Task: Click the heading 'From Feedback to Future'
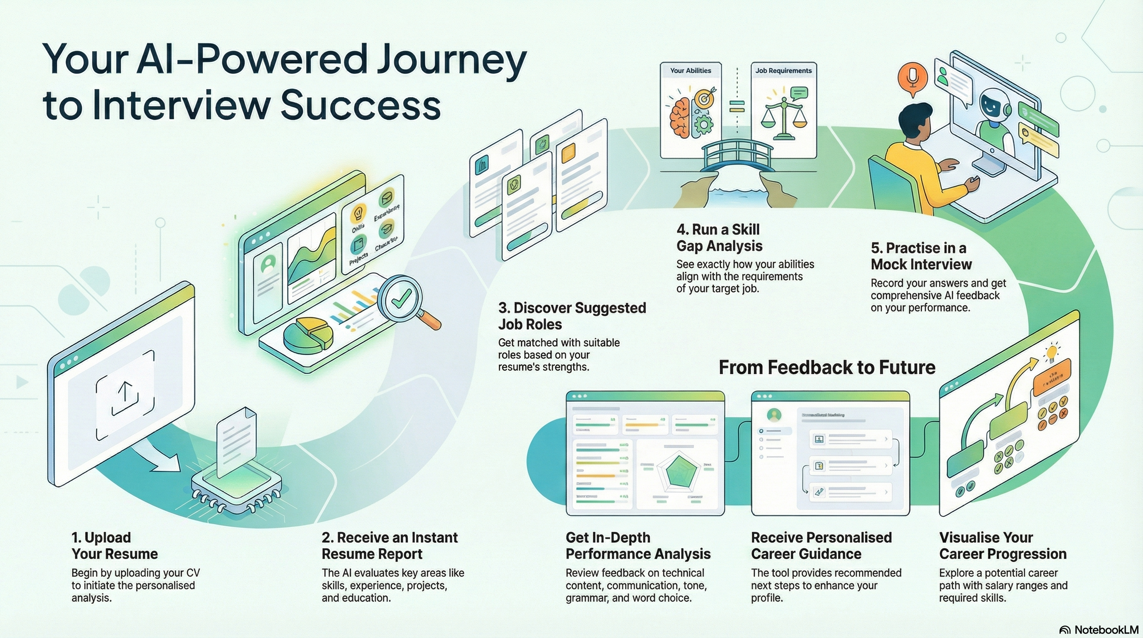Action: pyautogui.click(x=827, y=367)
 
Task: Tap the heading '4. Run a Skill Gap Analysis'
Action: pyautogui.click(x=719, y=237)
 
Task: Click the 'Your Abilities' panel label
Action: pyautogui.click(x=690, y=71)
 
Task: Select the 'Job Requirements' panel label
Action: pyautogui.click(x=783, y=71)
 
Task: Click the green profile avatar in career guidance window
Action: pyautogui.click(x=774, y=415)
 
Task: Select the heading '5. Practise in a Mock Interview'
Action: pyautogui.click(x=921, y=256)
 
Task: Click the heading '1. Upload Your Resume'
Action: pyautogui.click(x=115, y=546)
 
